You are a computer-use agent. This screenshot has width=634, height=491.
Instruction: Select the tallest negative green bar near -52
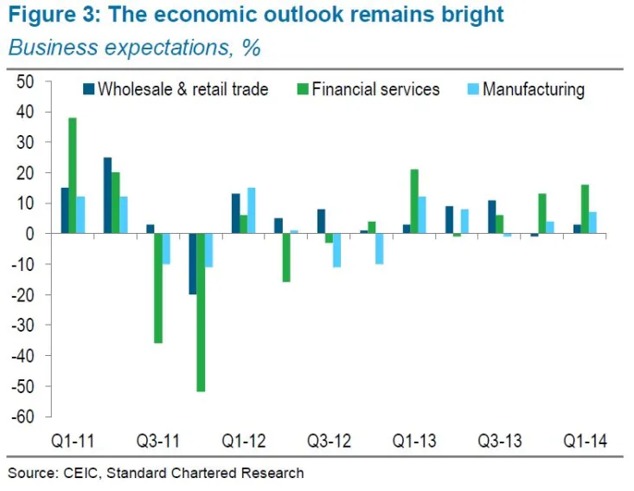click(201, 313)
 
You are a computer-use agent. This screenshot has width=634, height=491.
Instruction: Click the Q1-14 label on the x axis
click(584, 441)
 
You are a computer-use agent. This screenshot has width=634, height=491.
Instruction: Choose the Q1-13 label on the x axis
click(415, 441)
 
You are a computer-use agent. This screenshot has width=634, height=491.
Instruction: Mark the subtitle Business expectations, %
click(134, 47)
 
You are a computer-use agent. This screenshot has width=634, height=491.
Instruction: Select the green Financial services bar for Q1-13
click(414, 202)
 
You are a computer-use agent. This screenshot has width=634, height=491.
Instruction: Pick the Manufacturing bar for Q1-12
click(252, 210)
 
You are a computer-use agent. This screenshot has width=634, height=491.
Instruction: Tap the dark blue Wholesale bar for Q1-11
click(64, 210)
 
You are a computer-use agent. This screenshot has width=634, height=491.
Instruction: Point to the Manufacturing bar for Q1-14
click(592, 223)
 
